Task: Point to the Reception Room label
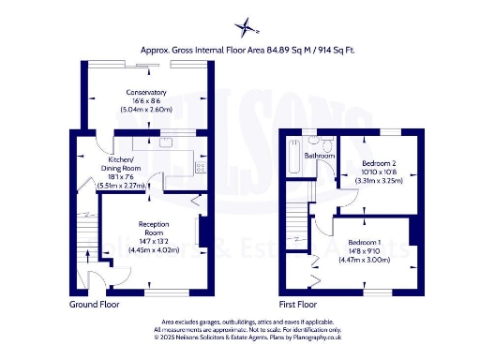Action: [x=154, y=228]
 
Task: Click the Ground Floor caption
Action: [x=95, y=305]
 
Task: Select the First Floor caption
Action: [x=298, y=305]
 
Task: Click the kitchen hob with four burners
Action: [x=200, y=166]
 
